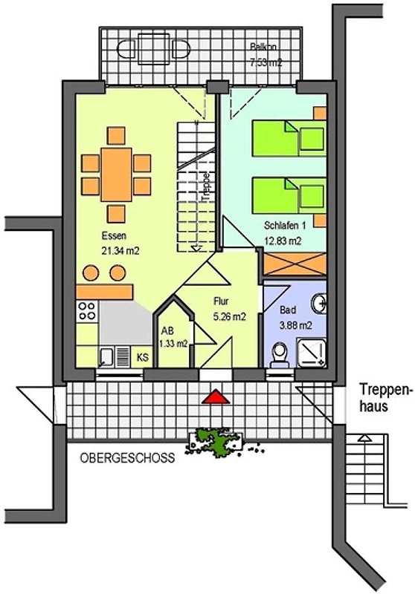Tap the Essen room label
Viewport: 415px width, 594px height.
point(114,235)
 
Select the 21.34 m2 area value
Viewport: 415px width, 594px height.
point(120,250)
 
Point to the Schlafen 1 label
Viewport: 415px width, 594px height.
point(285,226)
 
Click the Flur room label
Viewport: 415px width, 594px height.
point(221,301)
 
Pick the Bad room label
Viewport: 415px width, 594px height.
point(288,310)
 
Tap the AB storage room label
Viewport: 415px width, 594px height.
point(167,330)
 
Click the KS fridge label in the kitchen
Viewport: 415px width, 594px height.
point(143,357)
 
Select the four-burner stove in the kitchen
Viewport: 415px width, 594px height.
point(87,311)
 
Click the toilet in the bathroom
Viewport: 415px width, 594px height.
point(280,355)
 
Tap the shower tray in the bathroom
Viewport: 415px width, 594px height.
point(311,353)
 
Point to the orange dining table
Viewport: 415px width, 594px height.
point(116,174)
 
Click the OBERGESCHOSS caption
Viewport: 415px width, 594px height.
point(127,457)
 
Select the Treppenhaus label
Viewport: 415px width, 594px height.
point(385,397)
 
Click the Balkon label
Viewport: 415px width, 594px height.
point(263,48)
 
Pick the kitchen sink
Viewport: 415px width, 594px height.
point(106,357)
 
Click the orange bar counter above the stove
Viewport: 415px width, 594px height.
point(105,292)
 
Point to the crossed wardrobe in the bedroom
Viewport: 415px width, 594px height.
point(295,264)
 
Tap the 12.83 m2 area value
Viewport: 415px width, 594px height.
point(283,241)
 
